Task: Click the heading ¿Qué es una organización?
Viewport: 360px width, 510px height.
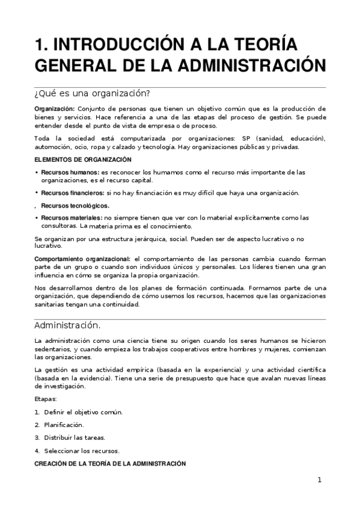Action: coord(91,93)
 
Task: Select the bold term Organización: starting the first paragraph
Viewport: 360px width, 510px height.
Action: coord(54,108)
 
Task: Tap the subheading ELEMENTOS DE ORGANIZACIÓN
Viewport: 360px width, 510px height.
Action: coord(82,159)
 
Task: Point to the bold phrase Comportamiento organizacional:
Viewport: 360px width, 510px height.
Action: coord(82,259)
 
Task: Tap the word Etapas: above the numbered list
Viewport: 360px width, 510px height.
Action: coord(46,399)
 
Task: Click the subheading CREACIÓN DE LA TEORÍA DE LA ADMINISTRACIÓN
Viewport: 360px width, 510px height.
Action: coord(110,464)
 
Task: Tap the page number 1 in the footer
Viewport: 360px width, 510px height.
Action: coord(320,480)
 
